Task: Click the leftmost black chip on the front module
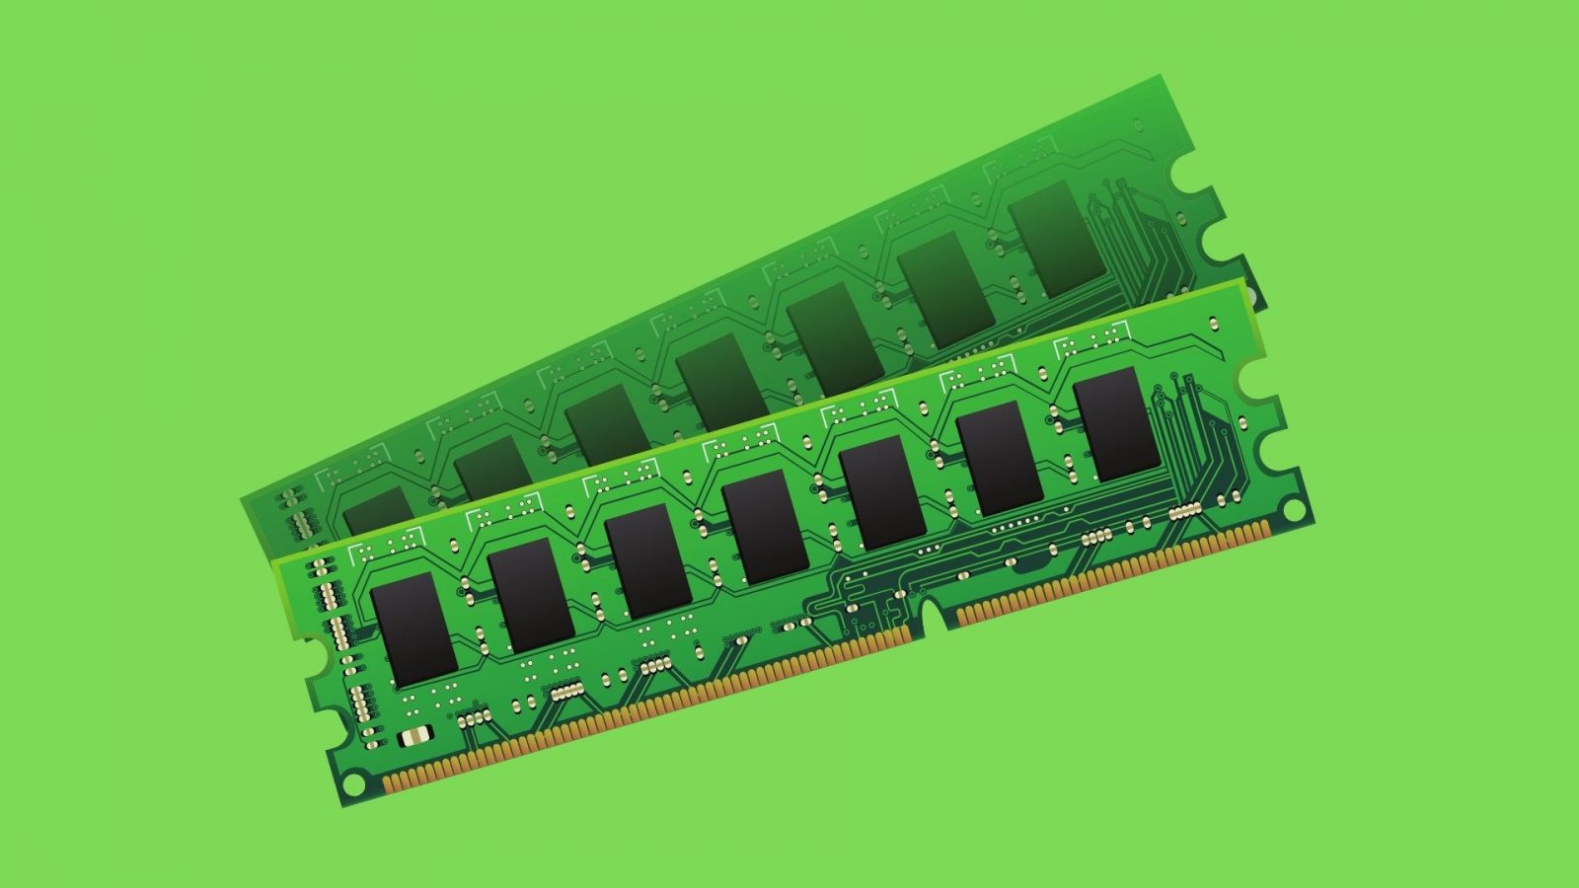coord(414,629)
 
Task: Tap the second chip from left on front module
coord(532,595)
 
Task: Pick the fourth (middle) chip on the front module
coord(767,527)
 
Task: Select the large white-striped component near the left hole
coord(414,737)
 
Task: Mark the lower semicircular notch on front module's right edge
coord(1280,447)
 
